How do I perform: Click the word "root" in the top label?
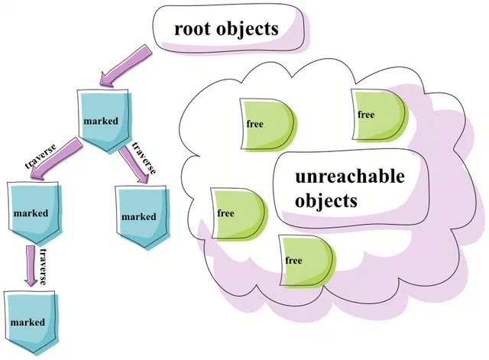191,29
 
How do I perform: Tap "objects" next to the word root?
247,29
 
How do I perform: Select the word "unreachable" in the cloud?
350,177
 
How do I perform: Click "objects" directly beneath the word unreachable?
326,201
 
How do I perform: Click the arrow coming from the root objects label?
125,66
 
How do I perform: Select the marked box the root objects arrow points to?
104,121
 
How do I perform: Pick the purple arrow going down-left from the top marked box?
56,159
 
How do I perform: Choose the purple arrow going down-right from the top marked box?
134,164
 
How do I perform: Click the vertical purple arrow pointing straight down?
31,266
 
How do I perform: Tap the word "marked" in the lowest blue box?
28,323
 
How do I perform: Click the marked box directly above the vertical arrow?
34,212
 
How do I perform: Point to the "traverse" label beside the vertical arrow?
43,267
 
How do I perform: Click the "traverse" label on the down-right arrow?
144,158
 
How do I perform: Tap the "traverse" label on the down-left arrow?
40,157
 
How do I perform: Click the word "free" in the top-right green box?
366,115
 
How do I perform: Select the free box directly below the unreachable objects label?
307,261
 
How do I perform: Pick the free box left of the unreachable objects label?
239,214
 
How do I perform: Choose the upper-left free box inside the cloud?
268,125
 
